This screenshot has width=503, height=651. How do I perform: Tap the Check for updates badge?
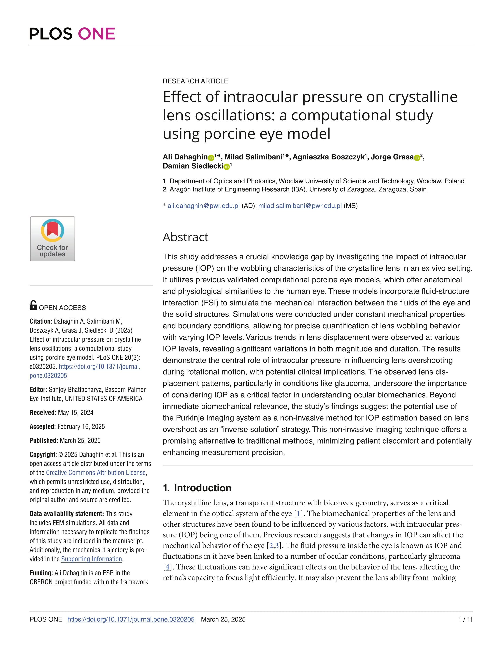52,239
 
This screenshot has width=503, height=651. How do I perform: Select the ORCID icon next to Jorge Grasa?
417,158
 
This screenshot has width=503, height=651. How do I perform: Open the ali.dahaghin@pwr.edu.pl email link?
204,206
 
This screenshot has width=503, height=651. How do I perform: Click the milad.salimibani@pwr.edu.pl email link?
300,206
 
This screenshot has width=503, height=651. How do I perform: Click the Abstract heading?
185,237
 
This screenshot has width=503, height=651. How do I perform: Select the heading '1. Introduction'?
197,488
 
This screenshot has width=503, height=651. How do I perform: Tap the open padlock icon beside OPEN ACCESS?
33,305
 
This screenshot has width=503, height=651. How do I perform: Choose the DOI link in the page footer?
131,619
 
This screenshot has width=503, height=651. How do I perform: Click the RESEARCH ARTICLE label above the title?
195,81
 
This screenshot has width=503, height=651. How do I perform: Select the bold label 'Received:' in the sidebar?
43,413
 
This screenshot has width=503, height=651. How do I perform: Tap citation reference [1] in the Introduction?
298,514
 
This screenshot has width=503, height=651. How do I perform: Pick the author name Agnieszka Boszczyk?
329,157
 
